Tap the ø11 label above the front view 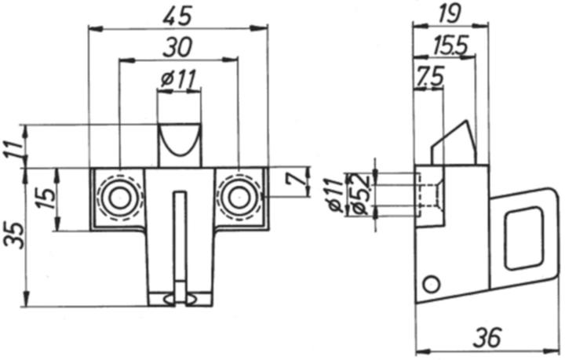[178, 78]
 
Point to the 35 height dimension [15, 235]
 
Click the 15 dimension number [47, 198]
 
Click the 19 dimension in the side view [450, 13]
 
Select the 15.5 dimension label [450, 45]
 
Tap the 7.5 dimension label [430, 76]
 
